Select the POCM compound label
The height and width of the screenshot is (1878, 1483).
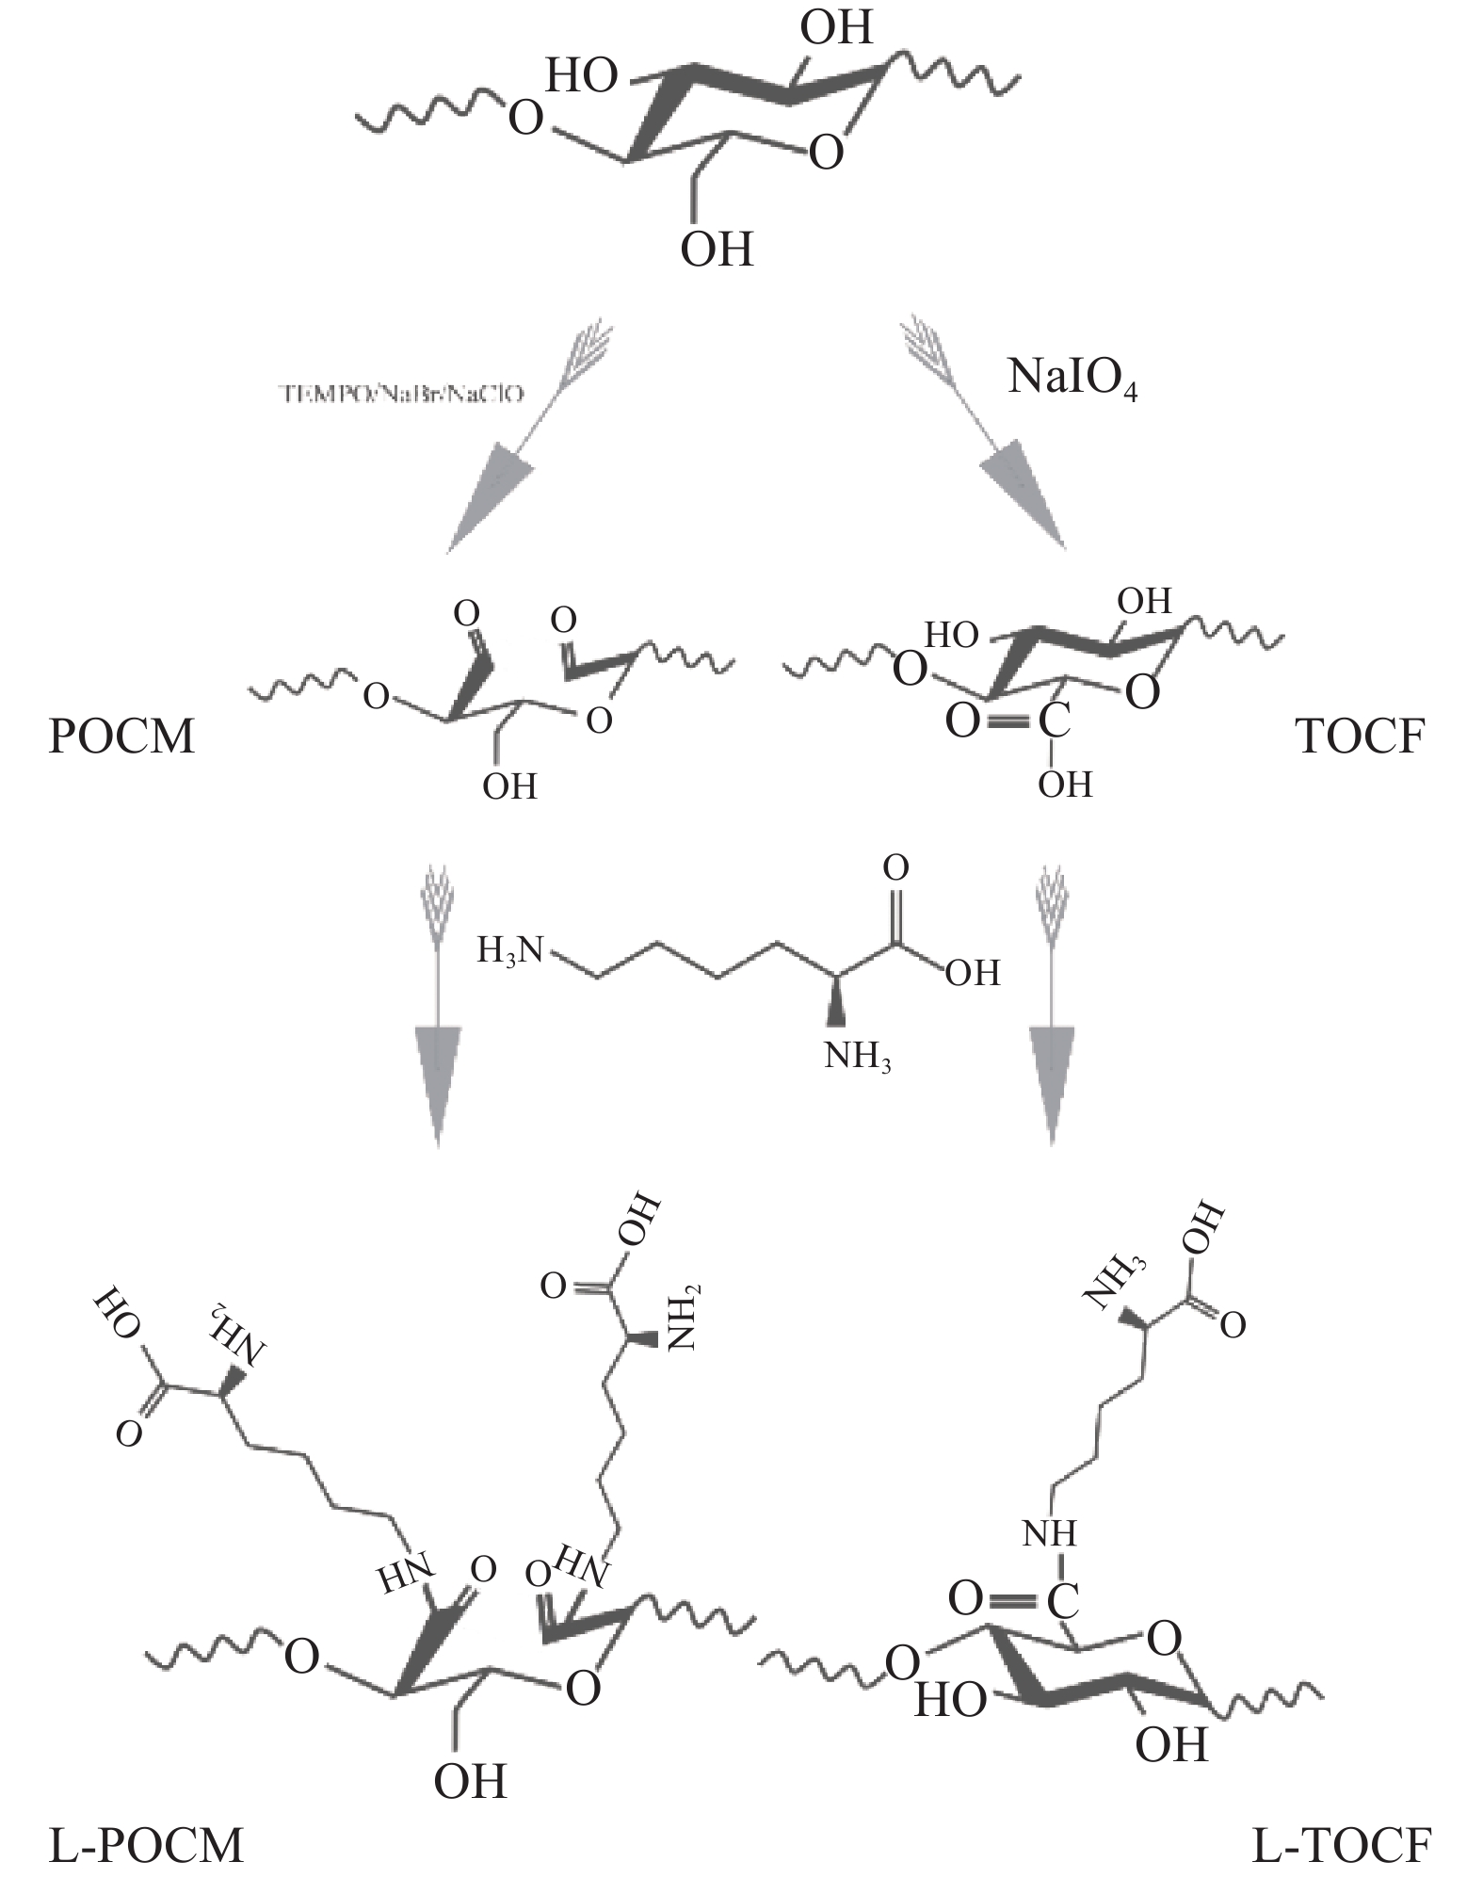point(121,736)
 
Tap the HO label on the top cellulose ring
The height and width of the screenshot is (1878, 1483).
point(583,75)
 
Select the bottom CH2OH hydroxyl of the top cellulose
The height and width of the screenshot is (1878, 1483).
point(717,250)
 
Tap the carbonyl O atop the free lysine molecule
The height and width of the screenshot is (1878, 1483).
point(896,868)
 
